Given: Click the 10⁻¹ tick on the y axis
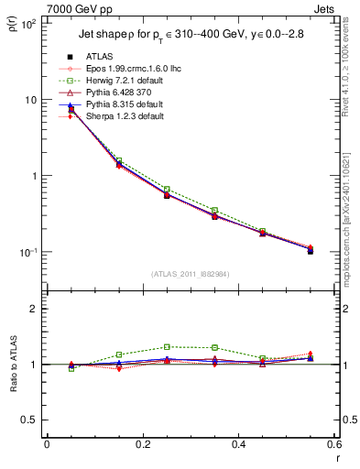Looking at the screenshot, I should (28, 252).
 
